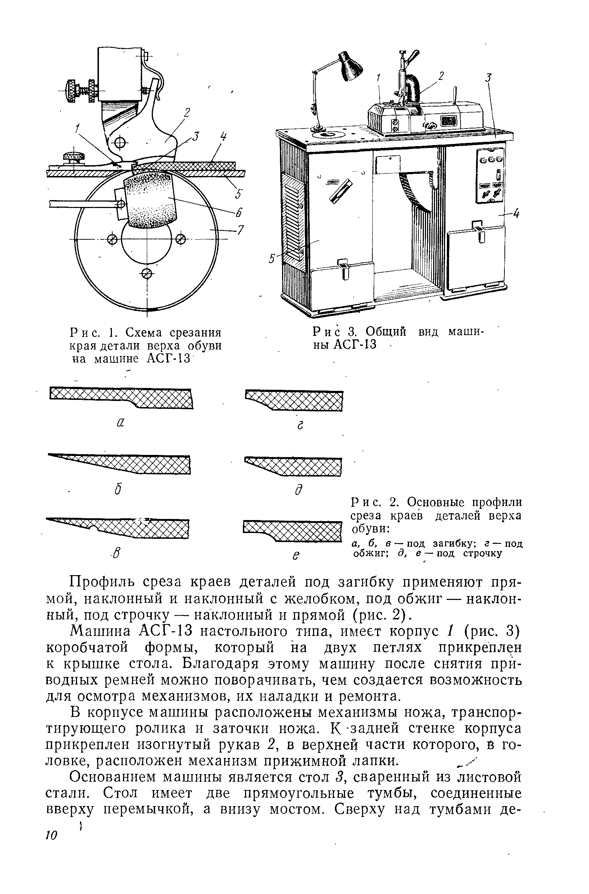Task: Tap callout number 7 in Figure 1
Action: pyautogui.click(x=240, y=230)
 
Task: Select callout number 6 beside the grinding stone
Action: pyautogui.click(x=238, y=213)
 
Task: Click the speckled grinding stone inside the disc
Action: pyautogui.click(x=151, y=200)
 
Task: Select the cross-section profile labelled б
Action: pyautogui.click(x=119, y=464)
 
